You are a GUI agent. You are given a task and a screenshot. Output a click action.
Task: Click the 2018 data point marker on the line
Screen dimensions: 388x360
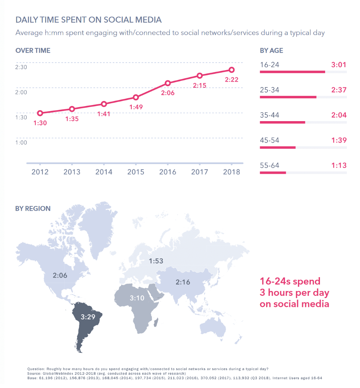231,70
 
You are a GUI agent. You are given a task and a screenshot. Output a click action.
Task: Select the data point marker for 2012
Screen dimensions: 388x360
40,113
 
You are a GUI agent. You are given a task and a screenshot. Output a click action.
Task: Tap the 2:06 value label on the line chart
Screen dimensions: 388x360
167,93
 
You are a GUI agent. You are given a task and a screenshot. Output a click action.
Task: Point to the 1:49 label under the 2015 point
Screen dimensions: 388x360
136,107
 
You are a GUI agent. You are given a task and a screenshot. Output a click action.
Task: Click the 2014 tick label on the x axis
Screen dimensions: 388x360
104,172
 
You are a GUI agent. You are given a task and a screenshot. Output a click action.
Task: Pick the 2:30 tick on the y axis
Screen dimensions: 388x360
21,67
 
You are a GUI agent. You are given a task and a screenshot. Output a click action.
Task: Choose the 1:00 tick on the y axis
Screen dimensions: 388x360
21,142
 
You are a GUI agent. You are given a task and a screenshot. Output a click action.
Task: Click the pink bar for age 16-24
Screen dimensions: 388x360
292,72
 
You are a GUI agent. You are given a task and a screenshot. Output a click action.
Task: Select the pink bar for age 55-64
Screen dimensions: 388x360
273,172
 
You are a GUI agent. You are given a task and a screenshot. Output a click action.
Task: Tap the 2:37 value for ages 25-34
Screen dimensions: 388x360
339,90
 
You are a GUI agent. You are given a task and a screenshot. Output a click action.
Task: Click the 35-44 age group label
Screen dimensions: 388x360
270,115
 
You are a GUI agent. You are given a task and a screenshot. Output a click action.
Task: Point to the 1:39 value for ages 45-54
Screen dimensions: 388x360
339,140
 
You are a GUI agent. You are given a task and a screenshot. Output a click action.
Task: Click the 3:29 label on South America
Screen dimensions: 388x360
88,317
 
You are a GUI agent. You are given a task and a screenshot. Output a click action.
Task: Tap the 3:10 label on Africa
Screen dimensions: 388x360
137,298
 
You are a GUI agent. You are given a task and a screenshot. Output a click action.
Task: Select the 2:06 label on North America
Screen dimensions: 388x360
60,275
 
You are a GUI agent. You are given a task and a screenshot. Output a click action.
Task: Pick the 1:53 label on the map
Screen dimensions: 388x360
156,261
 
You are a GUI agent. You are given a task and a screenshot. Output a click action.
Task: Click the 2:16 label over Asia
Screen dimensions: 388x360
183,282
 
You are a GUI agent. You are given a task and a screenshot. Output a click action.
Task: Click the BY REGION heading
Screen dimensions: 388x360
33,208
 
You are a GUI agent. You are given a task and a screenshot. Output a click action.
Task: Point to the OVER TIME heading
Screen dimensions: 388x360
33,51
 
